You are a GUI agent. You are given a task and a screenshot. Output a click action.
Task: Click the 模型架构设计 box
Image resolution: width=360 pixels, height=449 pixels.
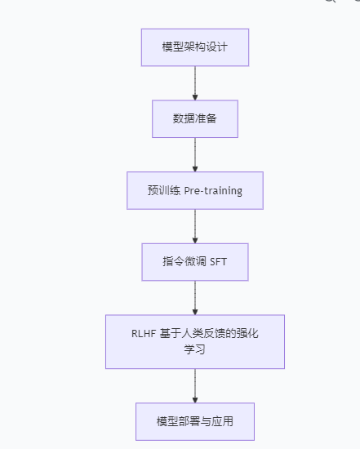(194, 47)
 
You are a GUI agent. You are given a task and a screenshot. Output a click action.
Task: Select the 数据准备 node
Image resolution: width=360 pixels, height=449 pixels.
(194, 119)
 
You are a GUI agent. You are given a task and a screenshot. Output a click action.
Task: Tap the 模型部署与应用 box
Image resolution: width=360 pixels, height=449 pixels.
(194, 422)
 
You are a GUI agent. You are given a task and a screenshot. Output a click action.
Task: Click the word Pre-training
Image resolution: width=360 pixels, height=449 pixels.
(213, 191)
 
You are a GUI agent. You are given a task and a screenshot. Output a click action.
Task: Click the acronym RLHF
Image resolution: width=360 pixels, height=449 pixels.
(145, 334)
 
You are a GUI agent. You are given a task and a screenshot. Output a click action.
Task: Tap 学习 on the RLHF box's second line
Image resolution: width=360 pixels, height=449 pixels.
(194, 350)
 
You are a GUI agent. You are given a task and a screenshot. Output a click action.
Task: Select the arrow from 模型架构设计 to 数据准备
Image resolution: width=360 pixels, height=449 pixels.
(194, 82)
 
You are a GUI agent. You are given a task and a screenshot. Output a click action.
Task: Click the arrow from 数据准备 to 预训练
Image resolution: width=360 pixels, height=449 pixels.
(194, 153)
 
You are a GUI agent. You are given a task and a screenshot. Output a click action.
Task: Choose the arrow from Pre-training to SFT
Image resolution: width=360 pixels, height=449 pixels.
(194, 225)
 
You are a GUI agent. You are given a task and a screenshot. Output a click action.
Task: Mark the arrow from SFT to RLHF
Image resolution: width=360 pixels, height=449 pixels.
(194, 296)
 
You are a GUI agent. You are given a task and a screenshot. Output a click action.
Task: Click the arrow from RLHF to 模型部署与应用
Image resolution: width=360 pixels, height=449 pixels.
(194, 384)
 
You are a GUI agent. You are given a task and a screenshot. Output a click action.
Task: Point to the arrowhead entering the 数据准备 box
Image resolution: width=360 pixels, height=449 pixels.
(194, 96)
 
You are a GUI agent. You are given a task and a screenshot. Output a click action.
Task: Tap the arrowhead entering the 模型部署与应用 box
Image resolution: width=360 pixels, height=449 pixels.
(194, 398)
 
